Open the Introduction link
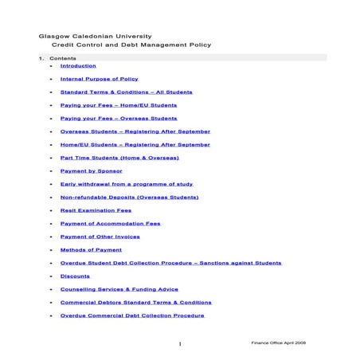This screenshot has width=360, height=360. pyautogui.click(x=78, y=66)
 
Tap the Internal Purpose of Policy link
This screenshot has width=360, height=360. pyautogui.click(x=99, y=80)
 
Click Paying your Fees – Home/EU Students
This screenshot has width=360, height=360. pyautogui.click(x=119, y=105)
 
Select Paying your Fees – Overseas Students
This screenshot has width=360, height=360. pyautogui.click(x=119, y=118)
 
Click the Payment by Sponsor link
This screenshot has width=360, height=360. pyautogui.click(x=92, y=170)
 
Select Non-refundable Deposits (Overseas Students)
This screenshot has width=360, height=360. pyautogui.click(x=129, y=197)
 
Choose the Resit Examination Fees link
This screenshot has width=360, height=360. pyautogui.click(x=96, y=210)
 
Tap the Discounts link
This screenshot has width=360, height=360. pyautogui.click(x=75, y=276)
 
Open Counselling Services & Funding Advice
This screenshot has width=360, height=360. pyautogui.click(x=119, y=289)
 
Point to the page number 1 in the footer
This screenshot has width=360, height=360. pyautogui.click(x=181, y=343)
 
